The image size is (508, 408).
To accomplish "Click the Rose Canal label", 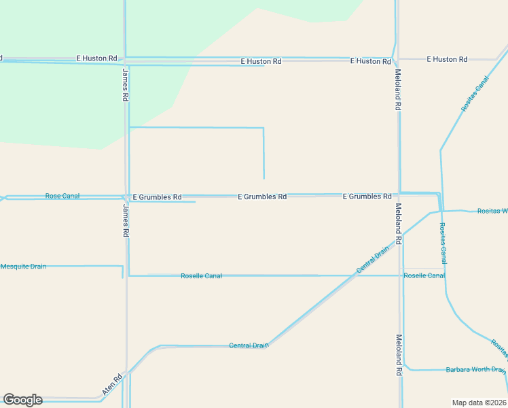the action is point(62,196).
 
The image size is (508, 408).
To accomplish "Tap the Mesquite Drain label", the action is point(23,267).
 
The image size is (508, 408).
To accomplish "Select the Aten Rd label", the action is point(112,386).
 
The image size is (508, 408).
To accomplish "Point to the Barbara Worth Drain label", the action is point(475,370).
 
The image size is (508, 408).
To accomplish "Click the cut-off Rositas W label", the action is point(492,211).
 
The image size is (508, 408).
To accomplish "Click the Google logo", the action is point(22,400).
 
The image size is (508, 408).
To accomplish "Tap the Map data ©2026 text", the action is point(479,403).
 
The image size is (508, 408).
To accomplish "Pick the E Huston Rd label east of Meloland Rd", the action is point(447,59).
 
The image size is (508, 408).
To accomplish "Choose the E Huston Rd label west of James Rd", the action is point(97,58).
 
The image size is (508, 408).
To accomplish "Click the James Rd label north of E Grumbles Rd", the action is point(126,85).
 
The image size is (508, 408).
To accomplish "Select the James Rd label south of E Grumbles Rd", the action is point(126,221).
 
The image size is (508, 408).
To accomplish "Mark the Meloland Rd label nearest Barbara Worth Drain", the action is point(398,354).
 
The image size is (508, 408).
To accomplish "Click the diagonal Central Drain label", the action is point(373,260).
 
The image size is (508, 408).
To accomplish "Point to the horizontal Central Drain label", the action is point(249,345).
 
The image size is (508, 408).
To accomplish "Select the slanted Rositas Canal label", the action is point(475,94).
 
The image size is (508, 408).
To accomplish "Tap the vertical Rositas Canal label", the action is point(443,243).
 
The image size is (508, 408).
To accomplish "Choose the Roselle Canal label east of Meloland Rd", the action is point(424,275).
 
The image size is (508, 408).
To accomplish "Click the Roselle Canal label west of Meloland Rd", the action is point(201,276).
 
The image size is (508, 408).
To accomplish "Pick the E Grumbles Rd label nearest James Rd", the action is point(157,197).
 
